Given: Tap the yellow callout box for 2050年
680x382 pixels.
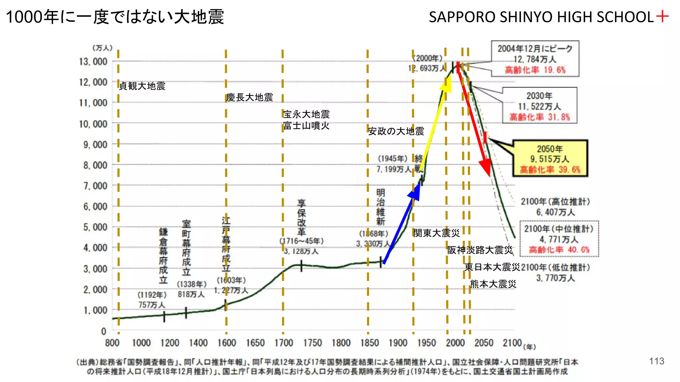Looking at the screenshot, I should pos(550,159).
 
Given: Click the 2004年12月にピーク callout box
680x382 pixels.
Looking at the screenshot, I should pos(535,59).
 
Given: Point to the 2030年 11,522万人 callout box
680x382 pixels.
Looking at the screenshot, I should pos(540,106).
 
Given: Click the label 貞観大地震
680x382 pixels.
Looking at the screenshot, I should pos(142,86).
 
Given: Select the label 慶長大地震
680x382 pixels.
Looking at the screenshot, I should pos(250,97).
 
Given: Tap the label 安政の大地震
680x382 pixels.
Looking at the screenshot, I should pos(396,131).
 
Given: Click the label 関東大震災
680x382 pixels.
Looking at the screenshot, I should pos(436,233).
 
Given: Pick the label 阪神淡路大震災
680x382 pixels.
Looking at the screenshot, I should pos(480,250).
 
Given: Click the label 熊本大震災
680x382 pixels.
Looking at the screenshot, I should pos(493,284).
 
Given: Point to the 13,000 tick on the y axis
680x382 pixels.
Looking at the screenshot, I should pos(93,62).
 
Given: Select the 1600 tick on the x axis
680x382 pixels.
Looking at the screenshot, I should pos(226,343).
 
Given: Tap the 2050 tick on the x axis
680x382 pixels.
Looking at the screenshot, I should pos(484,343).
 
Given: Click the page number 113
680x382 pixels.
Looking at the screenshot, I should pos(656,361).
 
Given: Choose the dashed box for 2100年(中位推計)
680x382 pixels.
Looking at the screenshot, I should pos(559,239).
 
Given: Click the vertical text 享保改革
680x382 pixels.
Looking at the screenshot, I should pos(301,217).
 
